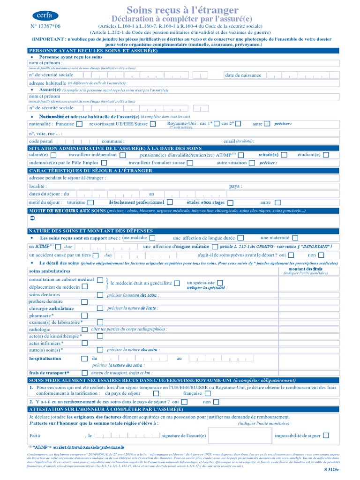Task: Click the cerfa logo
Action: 45,15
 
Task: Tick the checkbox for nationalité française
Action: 79,124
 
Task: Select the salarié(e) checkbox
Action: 53,155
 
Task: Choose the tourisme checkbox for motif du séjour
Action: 91,202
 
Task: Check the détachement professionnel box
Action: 170,202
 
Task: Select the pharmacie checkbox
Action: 85,315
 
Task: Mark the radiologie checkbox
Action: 85,329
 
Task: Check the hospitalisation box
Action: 84,359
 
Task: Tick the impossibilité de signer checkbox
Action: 326,435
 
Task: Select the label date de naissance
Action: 243,75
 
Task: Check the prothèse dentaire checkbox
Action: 100,301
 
